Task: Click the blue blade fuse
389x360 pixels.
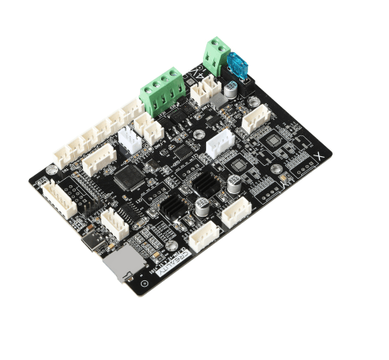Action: tap(239, 64)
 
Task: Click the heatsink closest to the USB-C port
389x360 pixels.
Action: tap(171, 211)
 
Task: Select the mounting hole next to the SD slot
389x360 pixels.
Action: tap(143, 282)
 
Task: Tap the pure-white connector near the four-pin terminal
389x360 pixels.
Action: tap(130, 139)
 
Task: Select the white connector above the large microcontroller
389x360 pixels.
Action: tap(98, 158)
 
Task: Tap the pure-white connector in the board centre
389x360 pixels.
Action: tap(218, 144)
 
